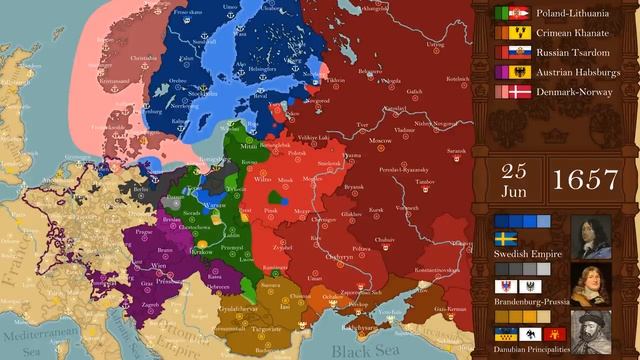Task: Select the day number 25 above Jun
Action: point(514,170)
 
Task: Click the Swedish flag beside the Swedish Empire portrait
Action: point(505,239)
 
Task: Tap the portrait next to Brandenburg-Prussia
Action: point(590,285)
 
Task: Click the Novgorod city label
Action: point(318,100)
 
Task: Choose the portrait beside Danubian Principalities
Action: point(590,331)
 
